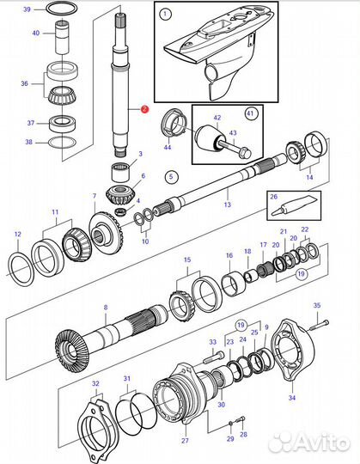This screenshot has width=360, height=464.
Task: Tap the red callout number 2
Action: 144,110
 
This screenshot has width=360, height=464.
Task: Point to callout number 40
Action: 35,33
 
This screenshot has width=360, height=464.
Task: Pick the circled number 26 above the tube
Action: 274,195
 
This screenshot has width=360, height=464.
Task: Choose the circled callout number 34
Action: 290,398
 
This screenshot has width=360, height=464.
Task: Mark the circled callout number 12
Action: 18,233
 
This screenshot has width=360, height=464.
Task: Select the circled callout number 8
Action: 105,307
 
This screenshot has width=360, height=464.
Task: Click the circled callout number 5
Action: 170,176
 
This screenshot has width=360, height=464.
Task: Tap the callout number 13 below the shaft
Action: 227,205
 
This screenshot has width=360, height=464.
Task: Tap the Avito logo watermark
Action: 308,443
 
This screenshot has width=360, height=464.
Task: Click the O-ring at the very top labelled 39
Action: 58,9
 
